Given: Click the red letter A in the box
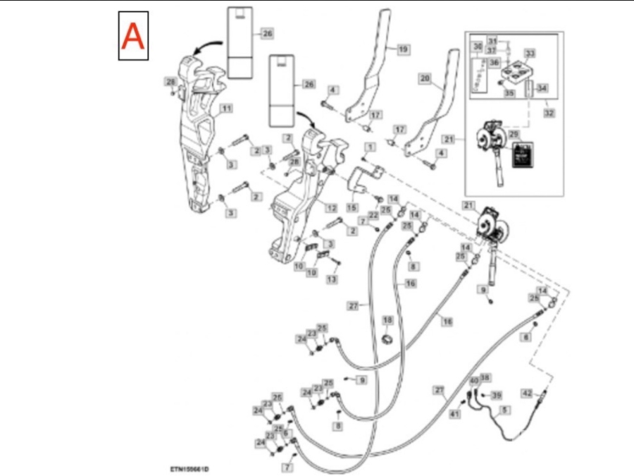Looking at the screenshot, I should point(133,35).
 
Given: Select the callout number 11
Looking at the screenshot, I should point(226,108).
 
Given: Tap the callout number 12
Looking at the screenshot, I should point(330,207).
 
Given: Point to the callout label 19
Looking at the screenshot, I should point(403,49).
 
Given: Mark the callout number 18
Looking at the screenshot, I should point(387,320).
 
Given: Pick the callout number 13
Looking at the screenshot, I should point(332,279).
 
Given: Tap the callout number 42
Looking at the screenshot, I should point(527,394).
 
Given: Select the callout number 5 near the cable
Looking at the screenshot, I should point(505,409).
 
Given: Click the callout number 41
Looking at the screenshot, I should point(455,414).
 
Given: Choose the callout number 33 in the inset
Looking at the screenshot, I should point(530,54).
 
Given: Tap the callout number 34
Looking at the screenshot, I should point(541,88).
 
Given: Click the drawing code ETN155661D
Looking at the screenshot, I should point(189,468).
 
